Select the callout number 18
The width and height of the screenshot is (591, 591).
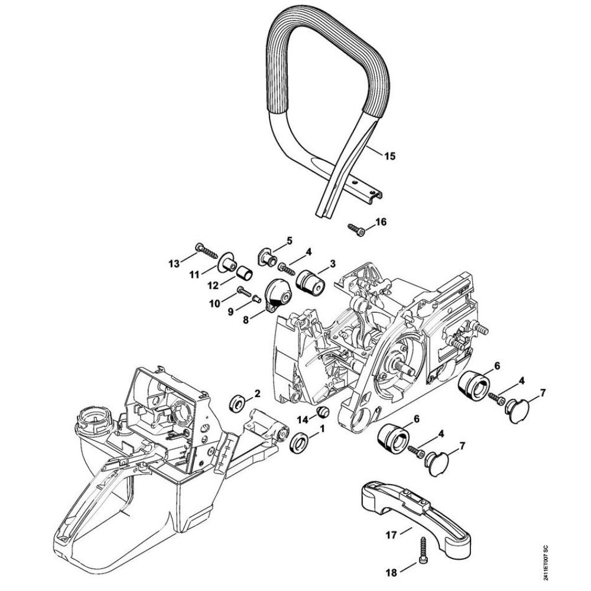click(391, 571)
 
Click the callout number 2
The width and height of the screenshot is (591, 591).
click(257, 393)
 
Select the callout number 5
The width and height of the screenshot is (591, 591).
click(289, 240)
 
